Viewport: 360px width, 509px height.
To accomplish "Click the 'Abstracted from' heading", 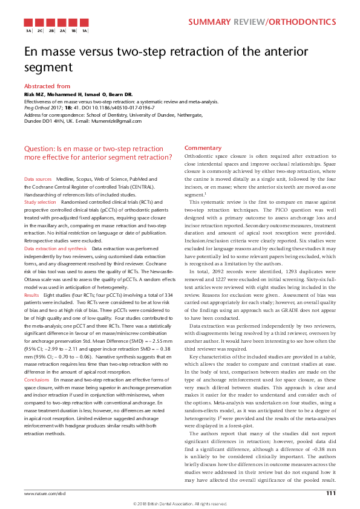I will [x=47, y=86].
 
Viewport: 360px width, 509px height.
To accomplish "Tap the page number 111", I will [x=330, y=494].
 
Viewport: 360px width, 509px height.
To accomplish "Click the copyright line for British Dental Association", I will [x=180, y=504].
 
